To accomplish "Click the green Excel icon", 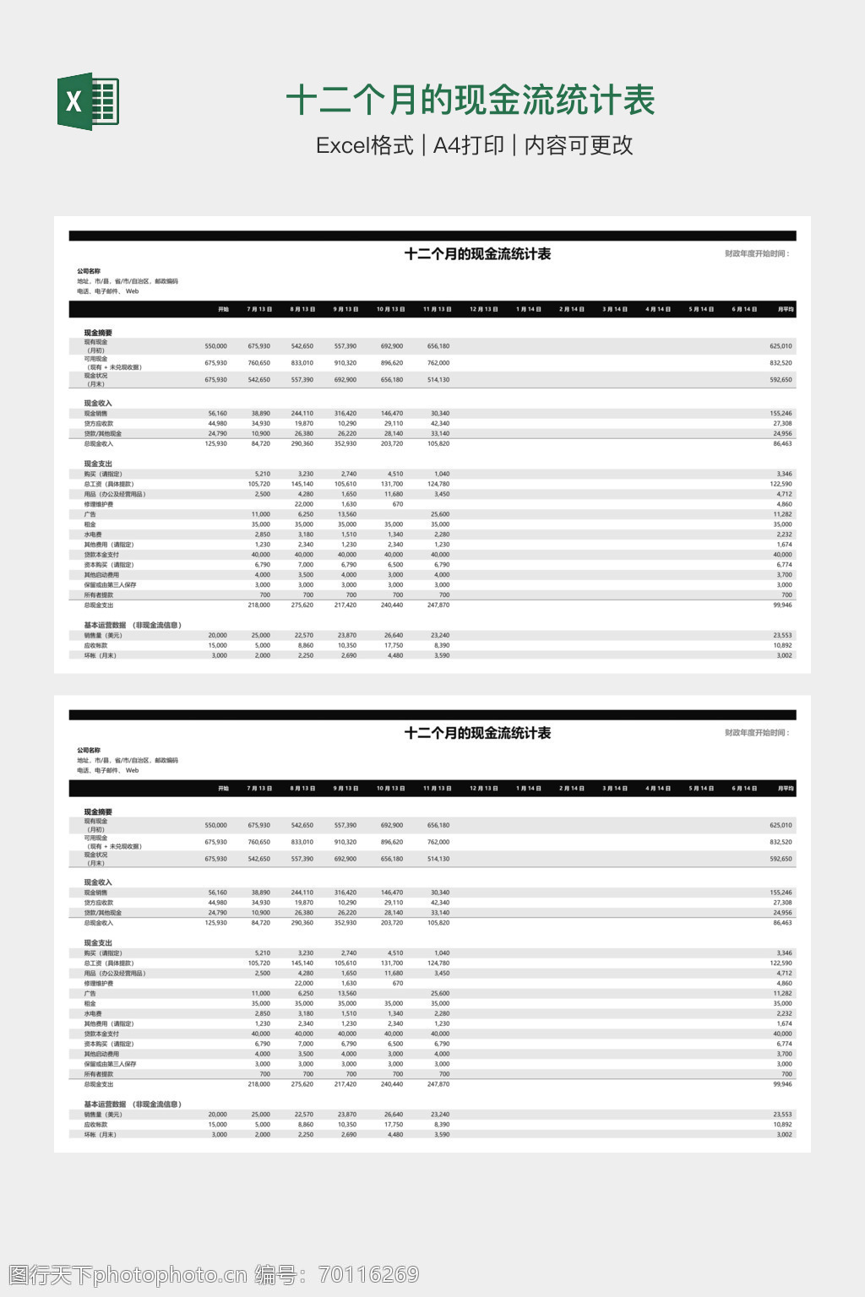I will coord(88,101).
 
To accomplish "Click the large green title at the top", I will coord(471,100).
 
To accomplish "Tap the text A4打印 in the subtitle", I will coord(468,145).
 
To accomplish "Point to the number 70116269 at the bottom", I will coord(368,1274).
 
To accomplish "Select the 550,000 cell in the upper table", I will coord(215,346).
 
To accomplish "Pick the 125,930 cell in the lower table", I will coord(215,923).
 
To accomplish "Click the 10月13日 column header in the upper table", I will coord(390,309).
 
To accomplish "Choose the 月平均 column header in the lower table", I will coord(786,789).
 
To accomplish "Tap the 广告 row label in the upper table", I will coord(90,514).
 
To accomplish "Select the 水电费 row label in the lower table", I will coord(93,1013).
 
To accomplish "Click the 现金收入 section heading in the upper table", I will coord(98,404).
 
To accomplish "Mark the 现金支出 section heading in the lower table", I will coord(98,943).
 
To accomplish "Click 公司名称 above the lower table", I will coord(89,751).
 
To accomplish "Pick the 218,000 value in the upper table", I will coord(258,605).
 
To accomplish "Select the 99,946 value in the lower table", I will coord(782,1084).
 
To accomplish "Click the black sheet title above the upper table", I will coord(477,254).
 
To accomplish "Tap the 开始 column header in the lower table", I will coord(223,789).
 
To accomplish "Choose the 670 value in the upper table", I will coord(397,504).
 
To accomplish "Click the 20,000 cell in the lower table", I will coord(217,1115).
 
